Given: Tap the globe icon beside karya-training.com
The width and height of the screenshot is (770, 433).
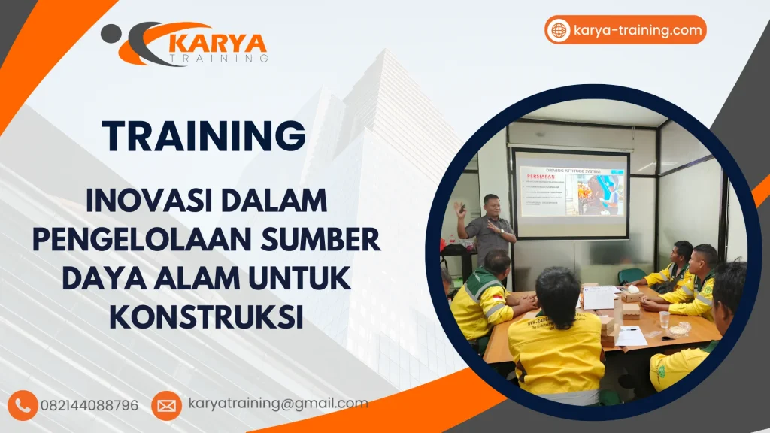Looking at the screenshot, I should point(559,30).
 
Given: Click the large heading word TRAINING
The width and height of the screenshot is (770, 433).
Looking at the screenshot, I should point(204,136).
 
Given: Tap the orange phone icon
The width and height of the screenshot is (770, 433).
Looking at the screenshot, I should point(23,405).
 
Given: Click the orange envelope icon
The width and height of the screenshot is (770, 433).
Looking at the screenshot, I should point(166,405).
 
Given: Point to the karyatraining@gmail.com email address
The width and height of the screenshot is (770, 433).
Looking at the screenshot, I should point(278,404).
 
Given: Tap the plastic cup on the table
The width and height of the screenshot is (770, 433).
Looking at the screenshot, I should point(664,319).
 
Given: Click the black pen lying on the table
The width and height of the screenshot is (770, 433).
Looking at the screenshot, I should point(629,329).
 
